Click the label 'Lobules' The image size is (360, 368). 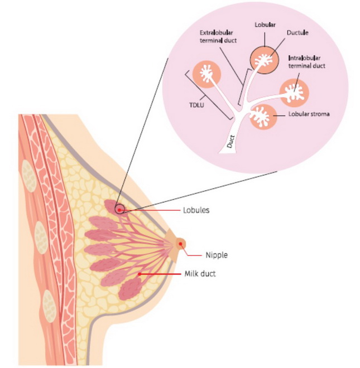coord(196,210)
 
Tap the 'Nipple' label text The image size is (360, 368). coord(217,255)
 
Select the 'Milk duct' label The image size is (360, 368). coord(200,274)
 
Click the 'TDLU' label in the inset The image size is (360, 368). coord(196,105)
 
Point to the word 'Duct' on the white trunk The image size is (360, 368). coord(231,142)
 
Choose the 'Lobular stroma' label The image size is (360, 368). coord(309,114)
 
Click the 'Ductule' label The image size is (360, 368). coord(297,33)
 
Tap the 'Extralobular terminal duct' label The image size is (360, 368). coord(218,37)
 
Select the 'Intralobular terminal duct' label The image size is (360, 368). coord(306,62)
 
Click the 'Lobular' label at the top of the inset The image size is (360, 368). coord(265,25)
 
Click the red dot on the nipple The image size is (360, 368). coord(180,244)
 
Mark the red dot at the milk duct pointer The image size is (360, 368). coord(140,274)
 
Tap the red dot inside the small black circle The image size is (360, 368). coord(119,210)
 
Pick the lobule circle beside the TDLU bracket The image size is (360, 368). coord(207,74)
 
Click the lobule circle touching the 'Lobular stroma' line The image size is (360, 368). coord(263,117)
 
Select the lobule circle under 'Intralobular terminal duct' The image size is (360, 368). coord(294,93)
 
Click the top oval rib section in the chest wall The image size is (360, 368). coord(28,175)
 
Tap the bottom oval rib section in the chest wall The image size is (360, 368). coord(49,306)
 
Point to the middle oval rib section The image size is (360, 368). coord(41,238)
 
